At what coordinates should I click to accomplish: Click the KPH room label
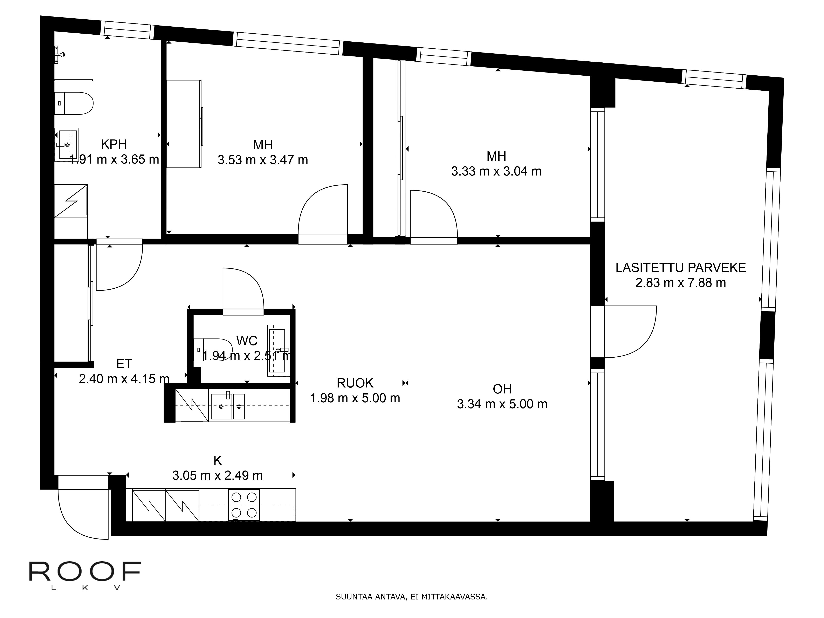point(114,144)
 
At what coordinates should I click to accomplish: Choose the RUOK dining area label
point(355,383)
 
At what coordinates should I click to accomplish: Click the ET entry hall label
point(124,364)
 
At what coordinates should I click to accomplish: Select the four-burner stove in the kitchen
point(244,505)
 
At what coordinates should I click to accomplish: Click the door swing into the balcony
point(631,331)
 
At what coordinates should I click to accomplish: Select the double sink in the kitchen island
point(228,406)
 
